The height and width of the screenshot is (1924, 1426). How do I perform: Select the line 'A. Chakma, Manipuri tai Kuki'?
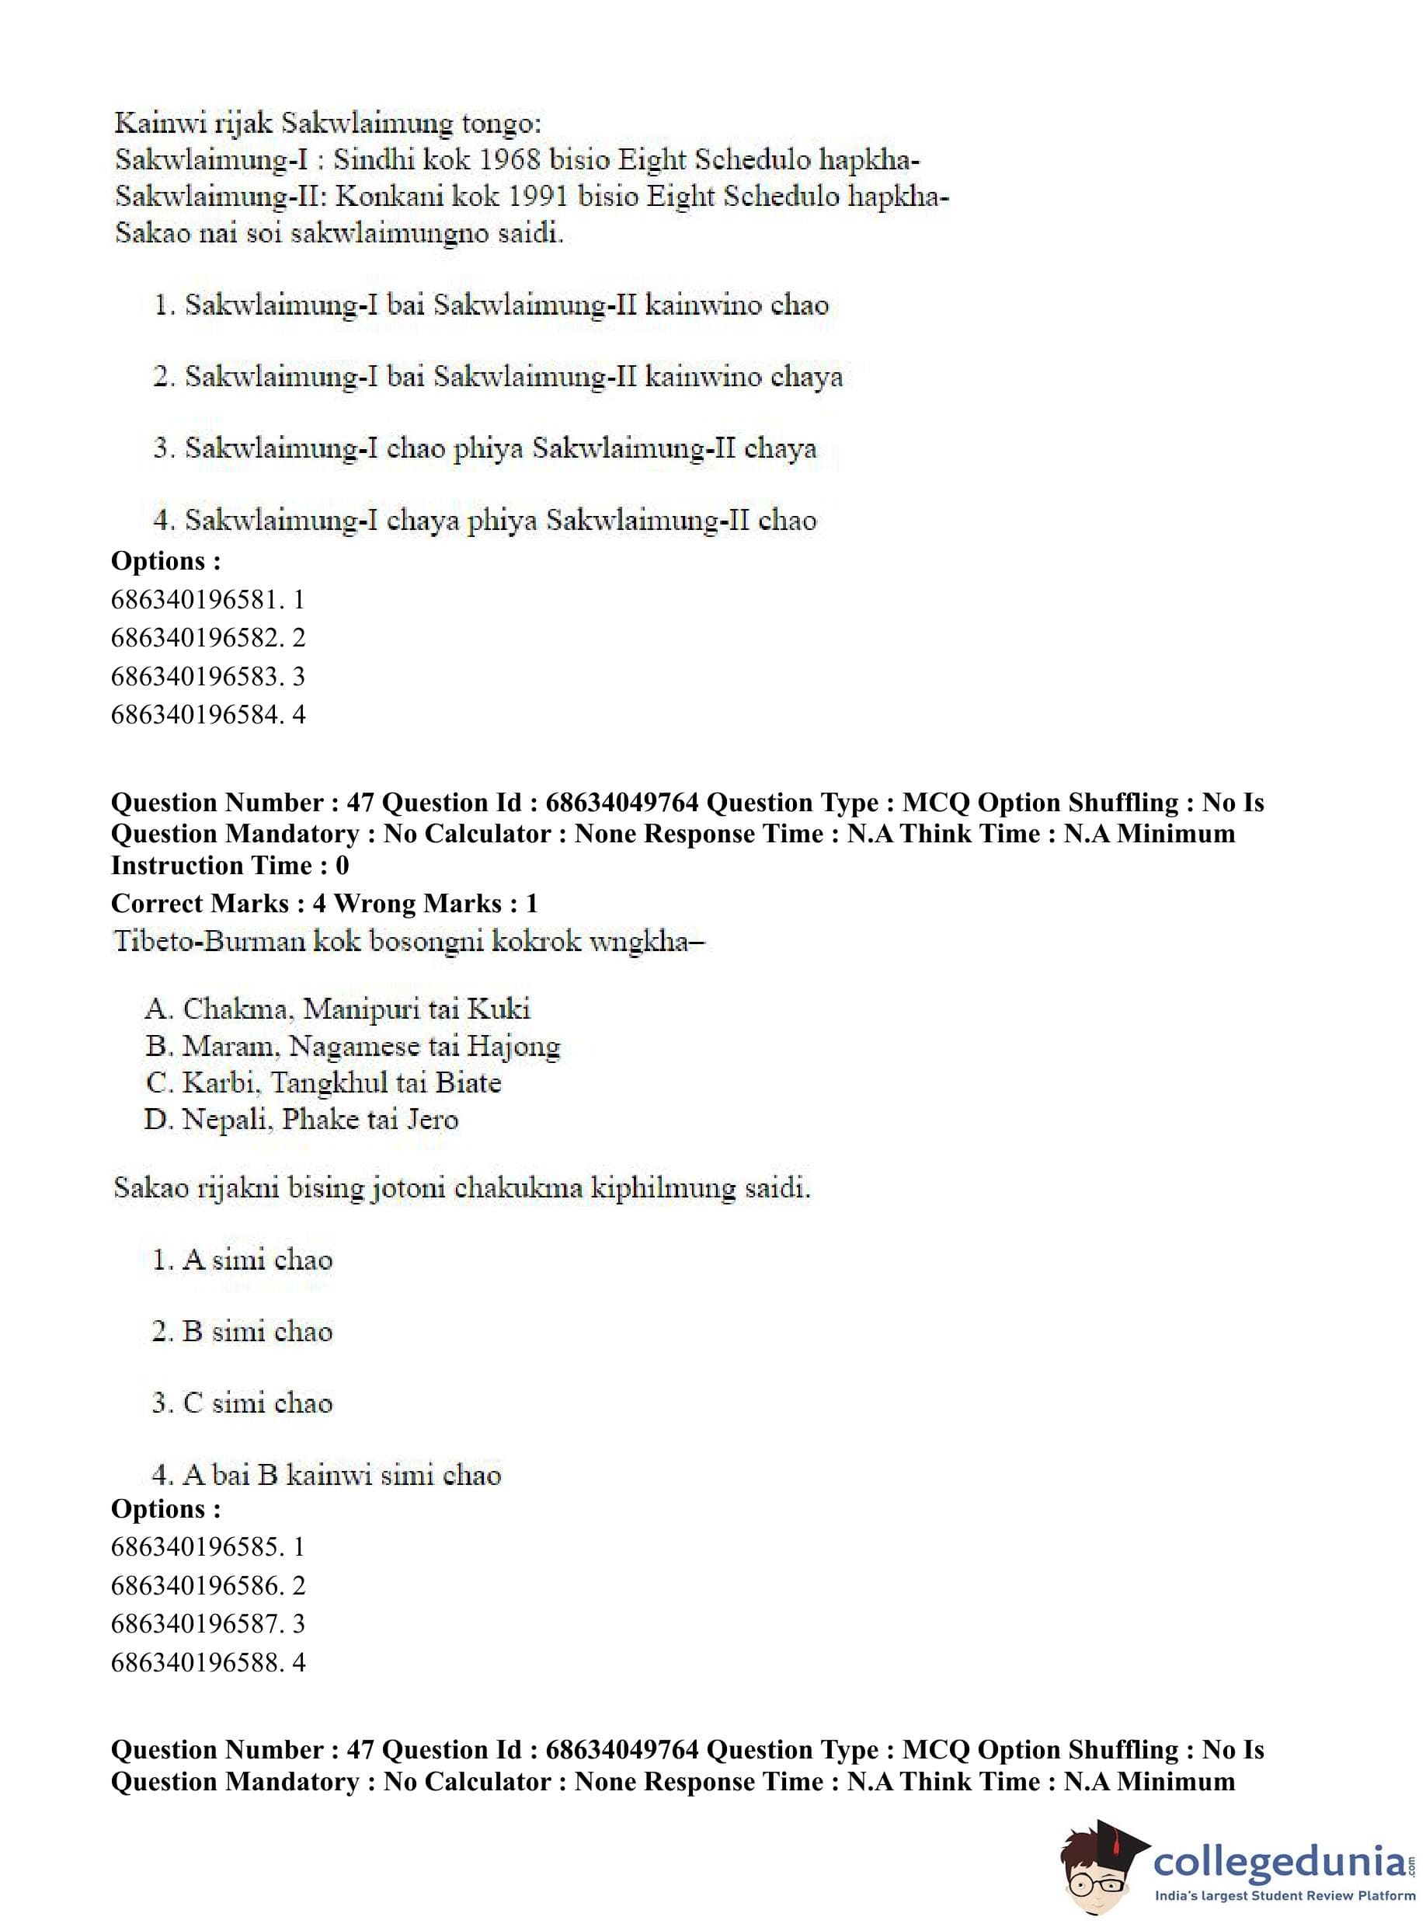click(338, 1009)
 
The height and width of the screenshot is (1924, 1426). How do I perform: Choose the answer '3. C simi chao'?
click(242, 1403)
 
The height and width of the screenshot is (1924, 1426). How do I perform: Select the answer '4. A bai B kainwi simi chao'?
click(327, 1474)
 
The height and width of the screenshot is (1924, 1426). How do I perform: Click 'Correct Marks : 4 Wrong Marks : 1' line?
click(325, 903)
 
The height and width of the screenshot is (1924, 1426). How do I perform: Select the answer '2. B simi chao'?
click(242, 1331)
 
